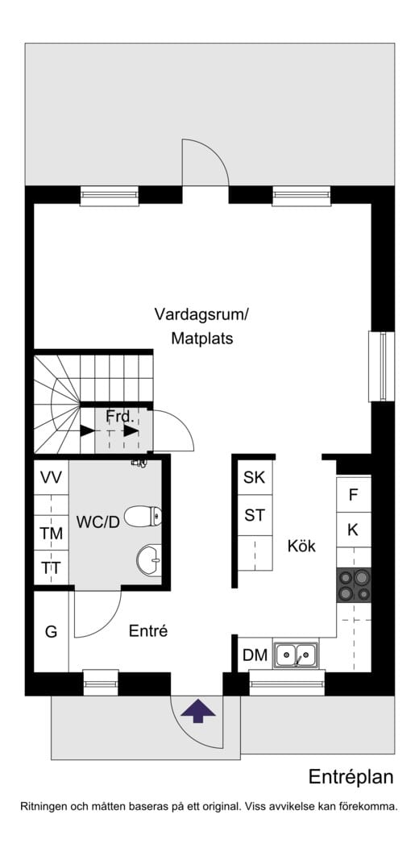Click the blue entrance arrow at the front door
198,712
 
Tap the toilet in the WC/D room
143,515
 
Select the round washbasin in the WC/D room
148,560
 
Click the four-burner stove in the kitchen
354,585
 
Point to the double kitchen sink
296,654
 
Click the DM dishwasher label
255,655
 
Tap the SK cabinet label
255,478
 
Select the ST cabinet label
255,515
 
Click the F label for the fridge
353,495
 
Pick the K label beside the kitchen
353,530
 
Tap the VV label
52,478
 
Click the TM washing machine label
52,534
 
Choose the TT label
52,567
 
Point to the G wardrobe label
51,632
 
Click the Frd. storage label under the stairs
120,417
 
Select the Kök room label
301,546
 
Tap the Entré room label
147,631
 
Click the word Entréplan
351,777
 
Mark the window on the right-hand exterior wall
382,366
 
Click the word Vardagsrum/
202,314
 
